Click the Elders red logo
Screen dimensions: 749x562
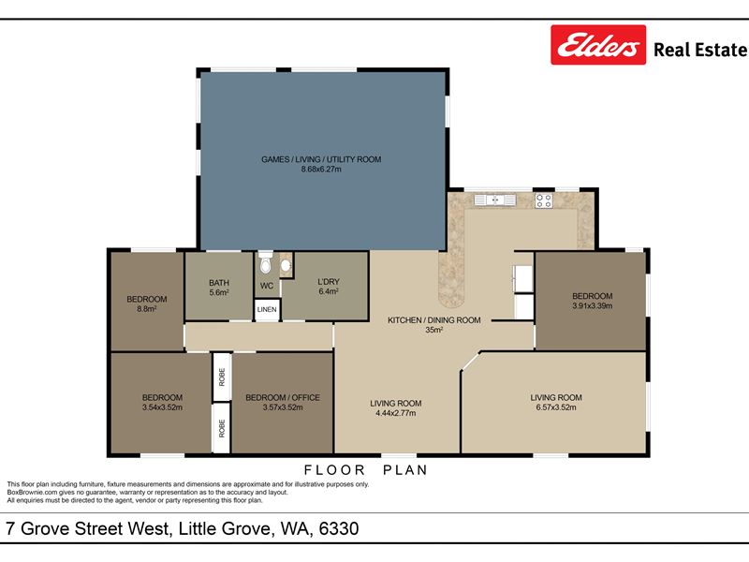click(598, 45)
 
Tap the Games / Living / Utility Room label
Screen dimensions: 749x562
click(321, 159)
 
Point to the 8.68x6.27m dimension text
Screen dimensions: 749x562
click(321, 170)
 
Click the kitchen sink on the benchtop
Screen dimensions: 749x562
click(495, 200)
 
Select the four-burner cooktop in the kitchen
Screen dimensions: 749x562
click(544, 200)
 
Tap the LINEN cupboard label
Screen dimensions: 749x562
click(267, 309)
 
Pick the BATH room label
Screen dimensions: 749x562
click(219, 283)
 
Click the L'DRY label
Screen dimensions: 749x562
click(329, 282)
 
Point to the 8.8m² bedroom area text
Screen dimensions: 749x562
click(147, 309)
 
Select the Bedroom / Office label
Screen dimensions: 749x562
click(283, 397)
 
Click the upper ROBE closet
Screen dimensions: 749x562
click(222, 377)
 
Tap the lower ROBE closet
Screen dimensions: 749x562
click(222, 428)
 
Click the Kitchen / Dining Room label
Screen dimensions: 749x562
click(433, 320)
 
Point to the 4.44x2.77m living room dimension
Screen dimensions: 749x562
click(395, 413)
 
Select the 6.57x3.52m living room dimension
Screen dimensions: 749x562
click(556, 407)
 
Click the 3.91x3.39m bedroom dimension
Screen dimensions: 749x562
click(593, 306)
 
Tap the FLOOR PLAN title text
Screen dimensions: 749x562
click(366, 470)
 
